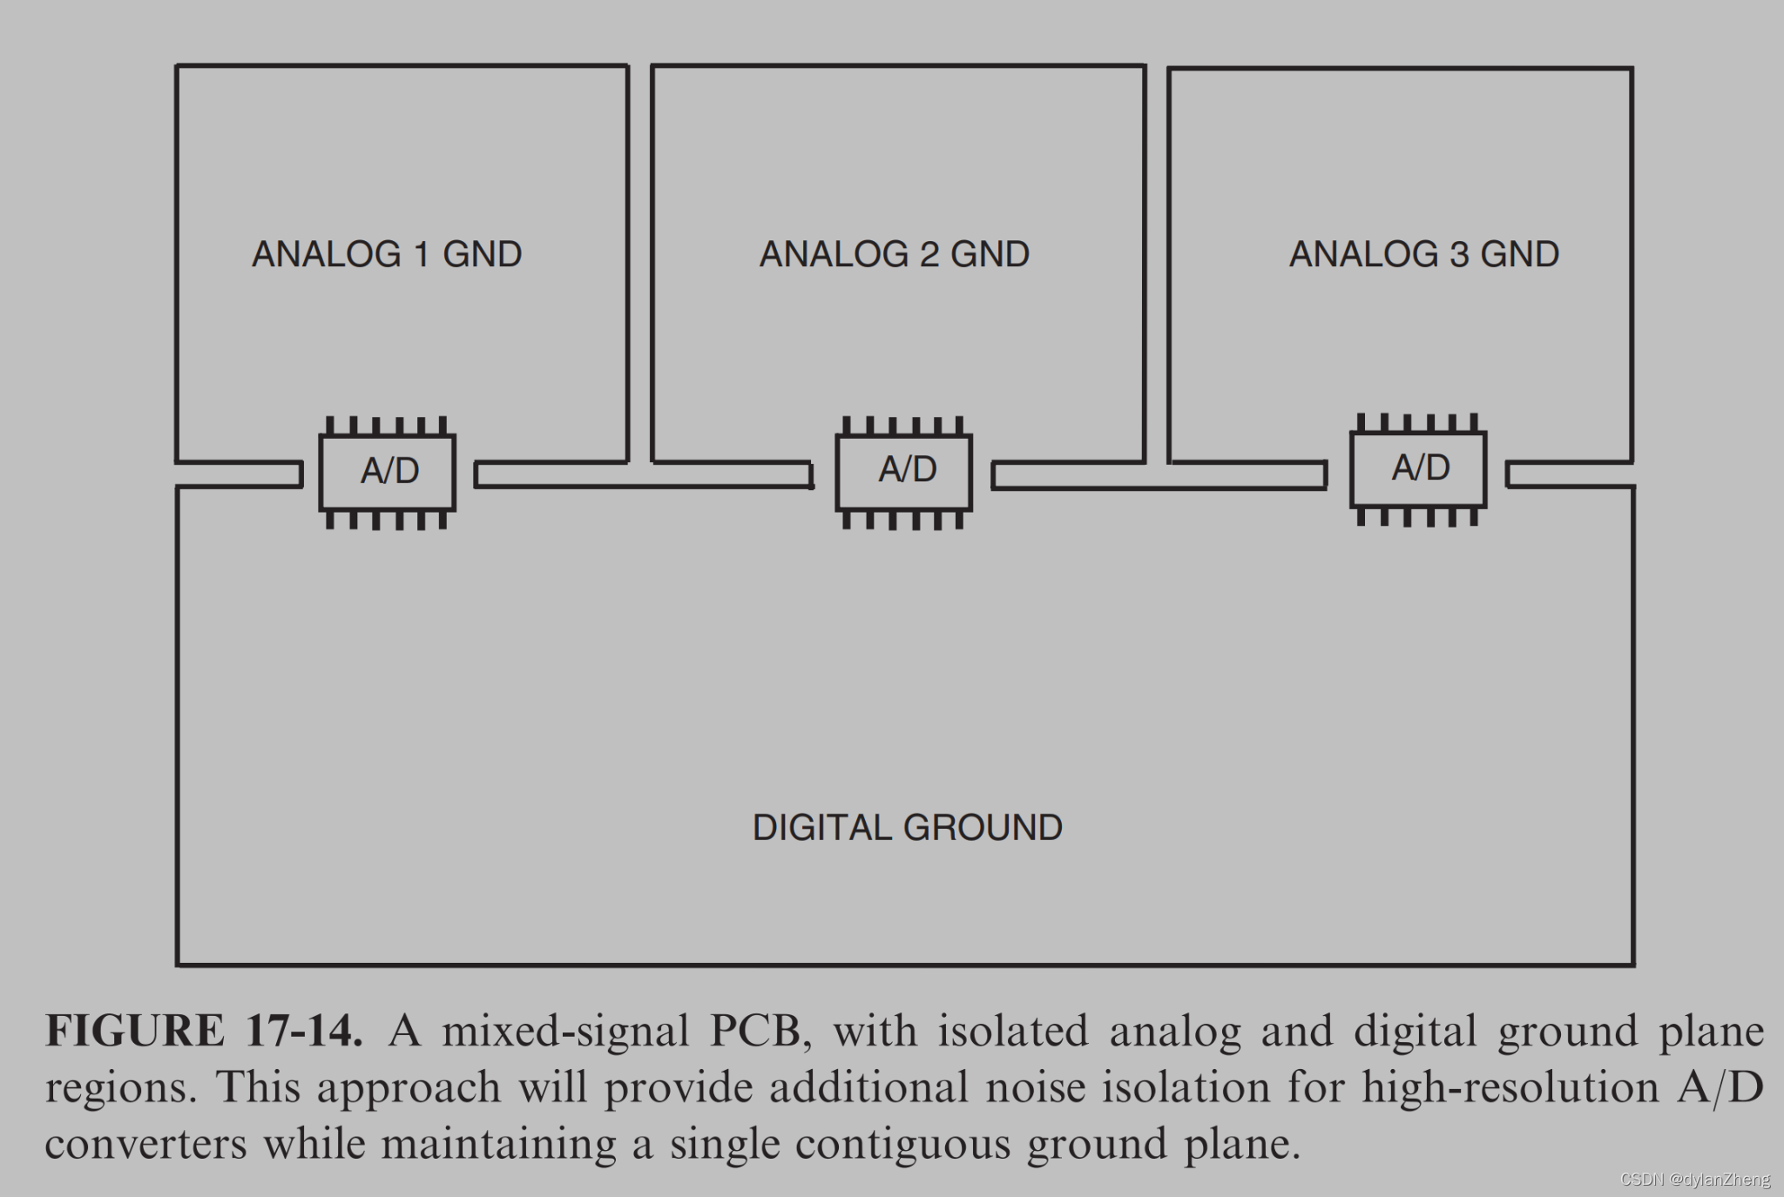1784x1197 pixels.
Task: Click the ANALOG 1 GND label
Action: pos(387,254)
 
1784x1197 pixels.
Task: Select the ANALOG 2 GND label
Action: pos(895,254)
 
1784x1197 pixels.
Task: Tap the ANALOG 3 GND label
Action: pos(1424,254)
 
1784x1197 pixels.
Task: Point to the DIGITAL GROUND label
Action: pos(907,827)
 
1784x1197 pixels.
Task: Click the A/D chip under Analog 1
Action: pos(388,472)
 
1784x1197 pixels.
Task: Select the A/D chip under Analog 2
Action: pos(904,471)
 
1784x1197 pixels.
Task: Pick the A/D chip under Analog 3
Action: pos(1418,469)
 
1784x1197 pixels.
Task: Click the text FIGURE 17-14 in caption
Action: pos(204,1031)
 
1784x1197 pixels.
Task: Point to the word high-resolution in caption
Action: pos(1510,1087)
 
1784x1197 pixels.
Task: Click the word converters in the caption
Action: pos(146,1145)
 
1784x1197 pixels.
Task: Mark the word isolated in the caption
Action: pos(1012,1031)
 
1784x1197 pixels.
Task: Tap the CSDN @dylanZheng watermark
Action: pos(1695,1180)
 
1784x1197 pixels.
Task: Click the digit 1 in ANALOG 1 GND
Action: pos(422,254)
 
